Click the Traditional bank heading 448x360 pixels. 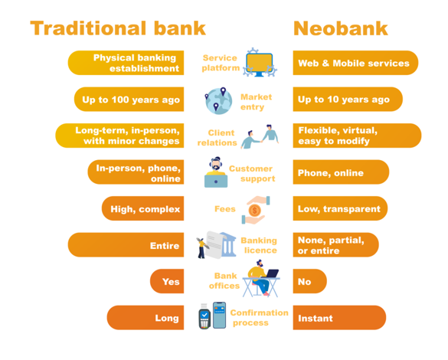point(118,28)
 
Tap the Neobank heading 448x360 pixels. point(341,28)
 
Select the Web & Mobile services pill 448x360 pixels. point(355,63)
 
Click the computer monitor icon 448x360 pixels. point(260,63)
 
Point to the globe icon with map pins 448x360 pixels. point(219,100)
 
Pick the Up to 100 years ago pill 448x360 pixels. point(129,99)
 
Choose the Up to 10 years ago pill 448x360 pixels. point(348,99)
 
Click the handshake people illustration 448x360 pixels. point(260,136)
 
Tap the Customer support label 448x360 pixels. point(252,173)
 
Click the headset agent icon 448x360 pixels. point(216,172)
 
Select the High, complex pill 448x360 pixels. point(142,208)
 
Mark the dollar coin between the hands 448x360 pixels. point(254,211)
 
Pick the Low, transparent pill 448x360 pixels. point(340,208)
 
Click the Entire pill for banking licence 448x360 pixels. point(126,245)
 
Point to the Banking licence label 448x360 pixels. point(259,245)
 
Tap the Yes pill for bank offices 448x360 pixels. point(167,281)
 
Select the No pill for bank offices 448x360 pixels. point(309,281)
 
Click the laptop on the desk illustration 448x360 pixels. point(270,273)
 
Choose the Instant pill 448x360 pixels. point(339,318)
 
